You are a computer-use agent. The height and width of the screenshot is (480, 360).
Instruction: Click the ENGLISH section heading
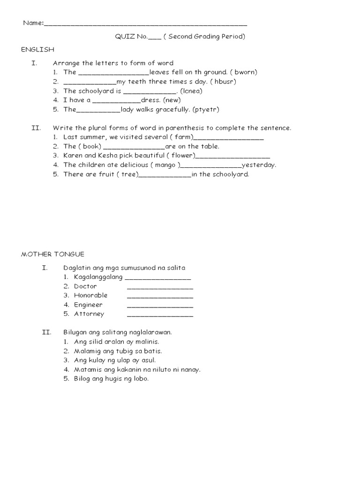pyautogui.click(x=37, y=49)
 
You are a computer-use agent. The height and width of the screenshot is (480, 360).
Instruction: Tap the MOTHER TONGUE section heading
pyautogui.click(x=52, y=254)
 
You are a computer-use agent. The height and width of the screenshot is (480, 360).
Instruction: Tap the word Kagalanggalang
pyautogui.click(x=98, y=277)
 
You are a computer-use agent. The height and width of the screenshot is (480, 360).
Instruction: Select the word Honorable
pyautogui.click(x=90, y=295)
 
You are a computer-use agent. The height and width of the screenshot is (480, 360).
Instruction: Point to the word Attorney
pyautogui.click(x=89, y=314)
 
